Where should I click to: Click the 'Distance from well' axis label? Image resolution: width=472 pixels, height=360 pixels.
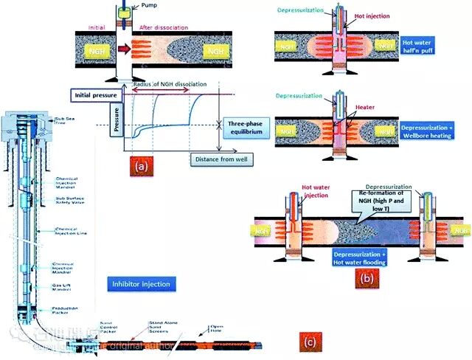[221, 159]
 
